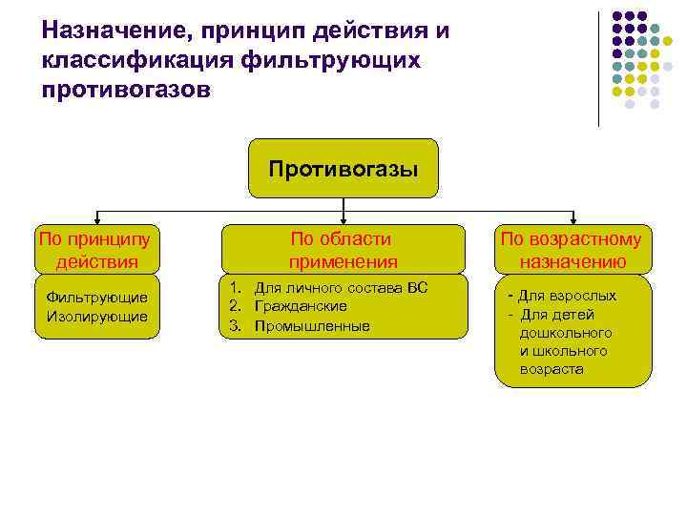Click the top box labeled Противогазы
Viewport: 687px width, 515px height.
coord(343,170)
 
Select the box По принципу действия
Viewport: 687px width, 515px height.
coord(96,249)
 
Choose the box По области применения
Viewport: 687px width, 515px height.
coord(343,249)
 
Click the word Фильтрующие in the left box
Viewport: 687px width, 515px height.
coord(96,298)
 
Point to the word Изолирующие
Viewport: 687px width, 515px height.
coord(96,316)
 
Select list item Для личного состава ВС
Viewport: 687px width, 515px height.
coord(341,288)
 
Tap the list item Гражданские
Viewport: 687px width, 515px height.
coord(301,306)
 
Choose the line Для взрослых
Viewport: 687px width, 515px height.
coord(567,296)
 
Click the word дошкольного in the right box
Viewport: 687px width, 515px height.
coord(566,333)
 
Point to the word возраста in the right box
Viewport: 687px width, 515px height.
coord(552,369)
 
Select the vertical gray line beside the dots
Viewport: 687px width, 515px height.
coord(598,67)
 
